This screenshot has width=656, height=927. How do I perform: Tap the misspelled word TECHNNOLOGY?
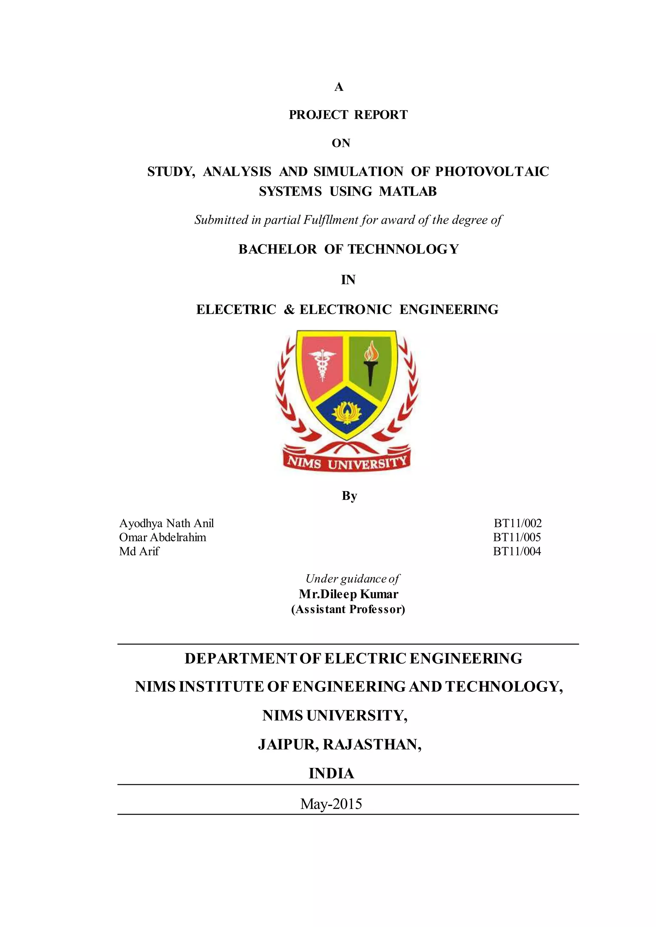click(x=403, y=249)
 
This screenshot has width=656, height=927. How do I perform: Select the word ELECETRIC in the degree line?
click(x=236, y=310)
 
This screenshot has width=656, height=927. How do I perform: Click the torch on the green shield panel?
click(x=369, y=365)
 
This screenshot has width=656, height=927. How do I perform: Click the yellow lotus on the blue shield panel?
click(x=346, y=412)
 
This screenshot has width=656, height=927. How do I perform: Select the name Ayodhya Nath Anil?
click(x=167, y=523)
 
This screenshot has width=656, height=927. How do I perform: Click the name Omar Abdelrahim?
click(x=162, y=537)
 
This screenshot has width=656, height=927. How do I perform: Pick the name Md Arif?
click(x=139, y=552)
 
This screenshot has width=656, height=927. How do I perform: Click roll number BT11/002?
click(x=517, y=523)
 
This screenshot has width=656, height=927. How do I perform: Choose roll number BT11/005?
click(x=517, y=537)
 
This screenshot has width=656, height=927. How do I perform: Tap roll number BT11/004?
click(x=517, y=552)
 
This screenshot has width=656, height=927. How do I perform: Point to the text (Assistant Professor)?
click(x=348, y=609)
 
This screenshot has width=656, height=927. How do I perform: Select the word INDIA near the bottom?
click(x=331, y=774)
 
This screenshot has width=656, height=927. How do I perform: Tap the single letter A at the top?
click(x=339, y=87)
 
